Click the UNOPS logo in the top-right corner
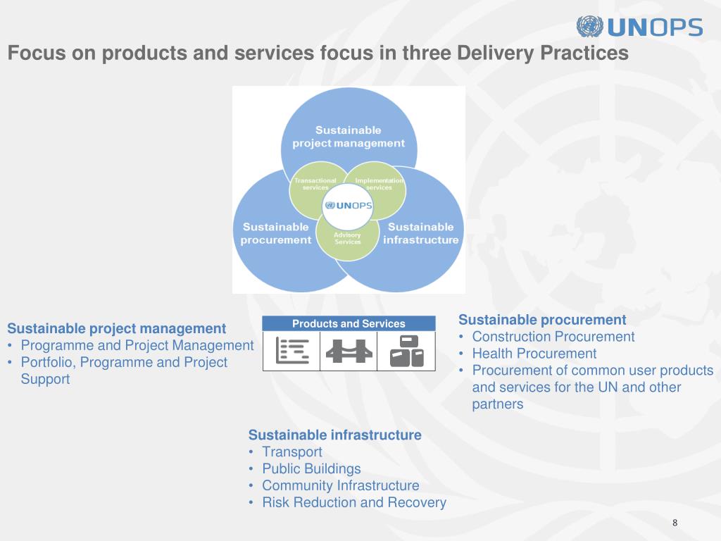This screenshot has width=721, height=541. pos(639,27)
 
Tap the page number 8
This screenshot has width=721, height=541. pos(675,522)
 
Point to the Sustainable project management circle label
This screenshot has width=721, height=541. pos(349,137)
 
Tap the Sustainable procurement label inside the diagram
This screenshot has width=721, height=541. pos(275,233)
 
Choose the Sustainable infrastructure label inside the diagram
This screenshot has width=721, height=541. pos(420,233)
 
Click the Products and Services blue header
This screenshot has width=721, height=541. pos(349,323)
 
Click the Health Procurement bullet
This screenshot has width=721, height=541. pos(534,354)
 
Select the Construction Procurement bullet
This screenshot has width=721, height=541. pos(553,337)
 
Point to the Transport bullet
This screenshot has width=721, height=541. pos(291,452)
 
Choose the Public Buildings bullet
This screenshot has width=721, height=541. pos(311,469)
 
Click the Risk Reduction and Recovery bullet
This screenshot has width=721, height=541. pos(353,503)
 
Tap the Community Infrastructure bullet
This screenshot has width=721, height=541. pos(340,486)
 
